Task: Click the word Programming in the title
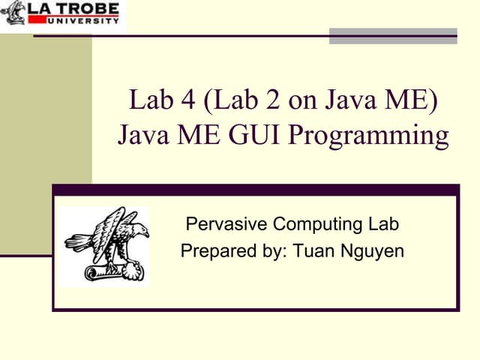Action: coord(368,136)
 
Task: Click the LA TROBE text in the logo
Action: coord(73,10)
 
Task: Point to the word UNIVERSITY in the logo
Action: coord(83,21)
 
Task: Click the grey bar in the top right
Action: coord(393,35)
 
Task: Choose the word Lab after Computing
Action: coord(382,223)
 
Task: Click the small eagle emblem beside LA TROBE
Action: coord(13,13)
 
